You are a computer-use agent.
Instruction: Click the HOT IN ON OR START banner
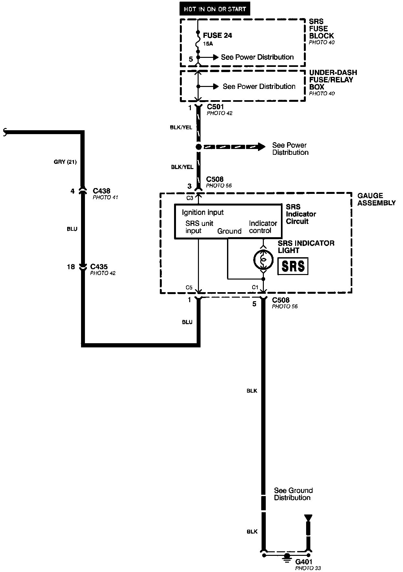coord(215,9)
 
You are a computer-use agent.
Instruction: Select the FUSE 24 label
coord(217,36)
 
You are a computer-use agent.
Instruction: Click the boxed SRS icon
coord(293,266)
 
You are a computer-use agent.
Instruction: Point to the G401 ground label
coord(304,562)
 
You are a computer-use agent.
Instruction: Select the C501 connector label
coord(215,107)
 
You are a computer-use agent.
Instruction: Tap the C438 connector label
coord(101,191)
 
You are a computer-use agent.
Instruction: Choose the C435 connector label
coord(99,267)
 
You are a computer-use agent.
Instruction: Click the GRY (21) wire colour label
coord(65,162)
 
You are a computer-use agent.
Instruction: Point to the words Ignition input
coord(203,212)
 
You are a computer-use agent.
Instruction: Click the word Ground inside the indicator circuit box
coord(229,231)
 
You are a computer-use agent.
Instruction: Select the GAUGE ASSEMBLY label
coord(376,199)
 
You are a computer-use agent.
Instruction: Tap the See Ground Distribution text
coord(293,494)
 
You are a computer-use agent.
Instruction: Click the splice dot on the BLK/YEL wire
coord(199,147)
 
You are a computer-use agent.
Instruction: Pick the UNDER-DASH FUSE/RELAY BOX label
coord(333,80)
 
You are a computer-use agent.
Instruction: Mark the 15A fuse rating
coord(208,44)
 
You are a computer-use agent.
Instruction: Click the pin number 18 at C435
coord(71,267)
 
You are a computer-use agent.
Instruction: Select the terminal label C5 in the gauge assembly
coord(189,287)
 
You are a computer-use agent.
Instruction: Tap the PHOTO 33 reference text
coord(308,568)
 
